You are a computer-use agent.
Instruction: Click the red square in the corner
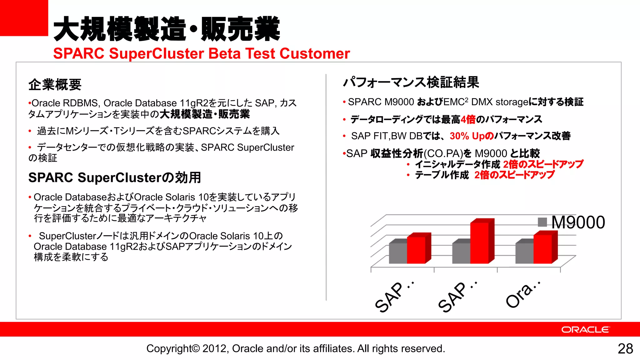coord(24,18)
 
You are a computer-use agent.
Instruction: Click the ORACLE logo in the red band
coord(585,330)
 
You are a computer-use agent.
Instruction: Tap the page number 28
coord(625,349)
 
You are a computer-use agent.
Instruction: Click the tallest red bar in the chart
coord(480,242)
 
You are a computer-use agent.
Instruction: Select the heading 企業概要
coord(55,85)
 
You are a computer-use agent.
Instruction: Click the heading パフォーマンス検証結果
coord(411,82)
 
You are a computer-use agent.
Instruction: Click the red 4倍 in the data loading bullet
coord(468,119)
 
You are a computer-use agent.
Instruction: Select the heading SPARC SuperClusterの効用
coord(115,177)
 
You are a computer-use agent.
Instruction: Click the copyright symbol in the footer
coord(195,348)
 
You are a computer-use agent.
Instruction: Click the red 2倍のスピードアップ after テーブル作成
coord(514,175)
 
